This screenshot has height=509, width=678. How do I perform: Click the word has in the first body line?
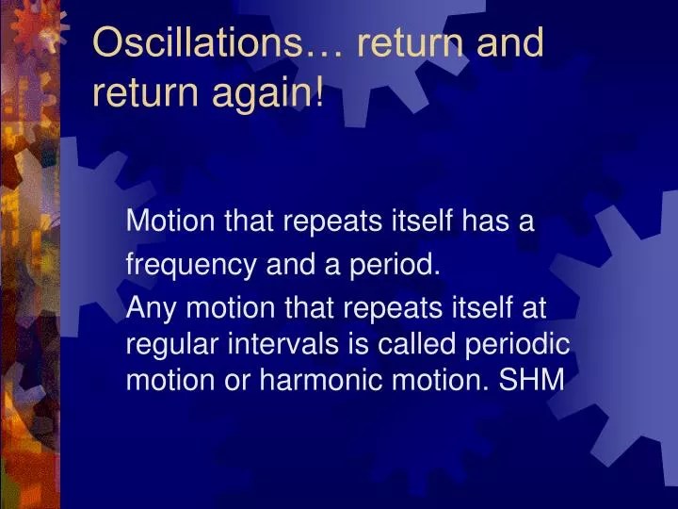482,222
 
